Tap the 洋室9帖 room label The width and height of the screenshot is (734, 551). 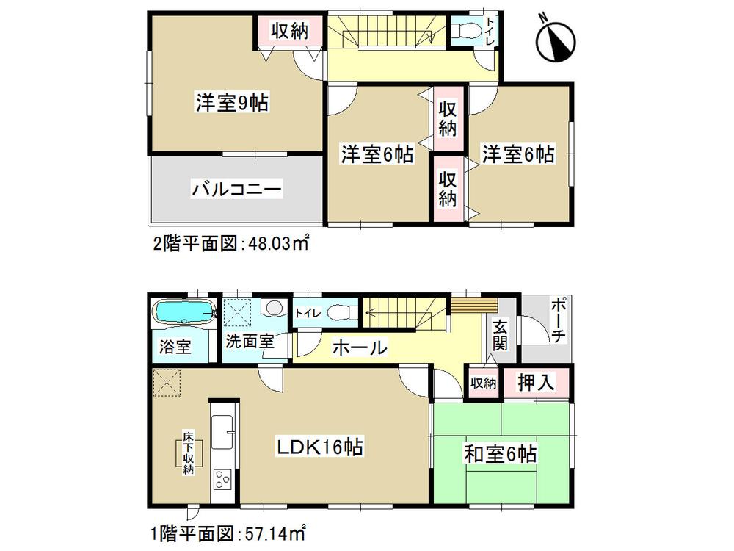(x=230, y=103)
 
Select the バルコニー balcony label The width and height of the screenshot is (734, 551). (x=236, y=190)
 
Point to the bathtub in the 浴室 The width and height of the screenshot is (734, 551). (x=182, y=314)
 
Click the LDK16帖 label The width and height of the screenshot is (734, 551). (x=321, y=446)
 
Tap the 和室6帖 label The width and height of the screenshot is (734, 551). (x=499, y=455)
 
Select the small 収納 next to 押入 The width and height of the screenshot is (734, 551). (x=484, y=383)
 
